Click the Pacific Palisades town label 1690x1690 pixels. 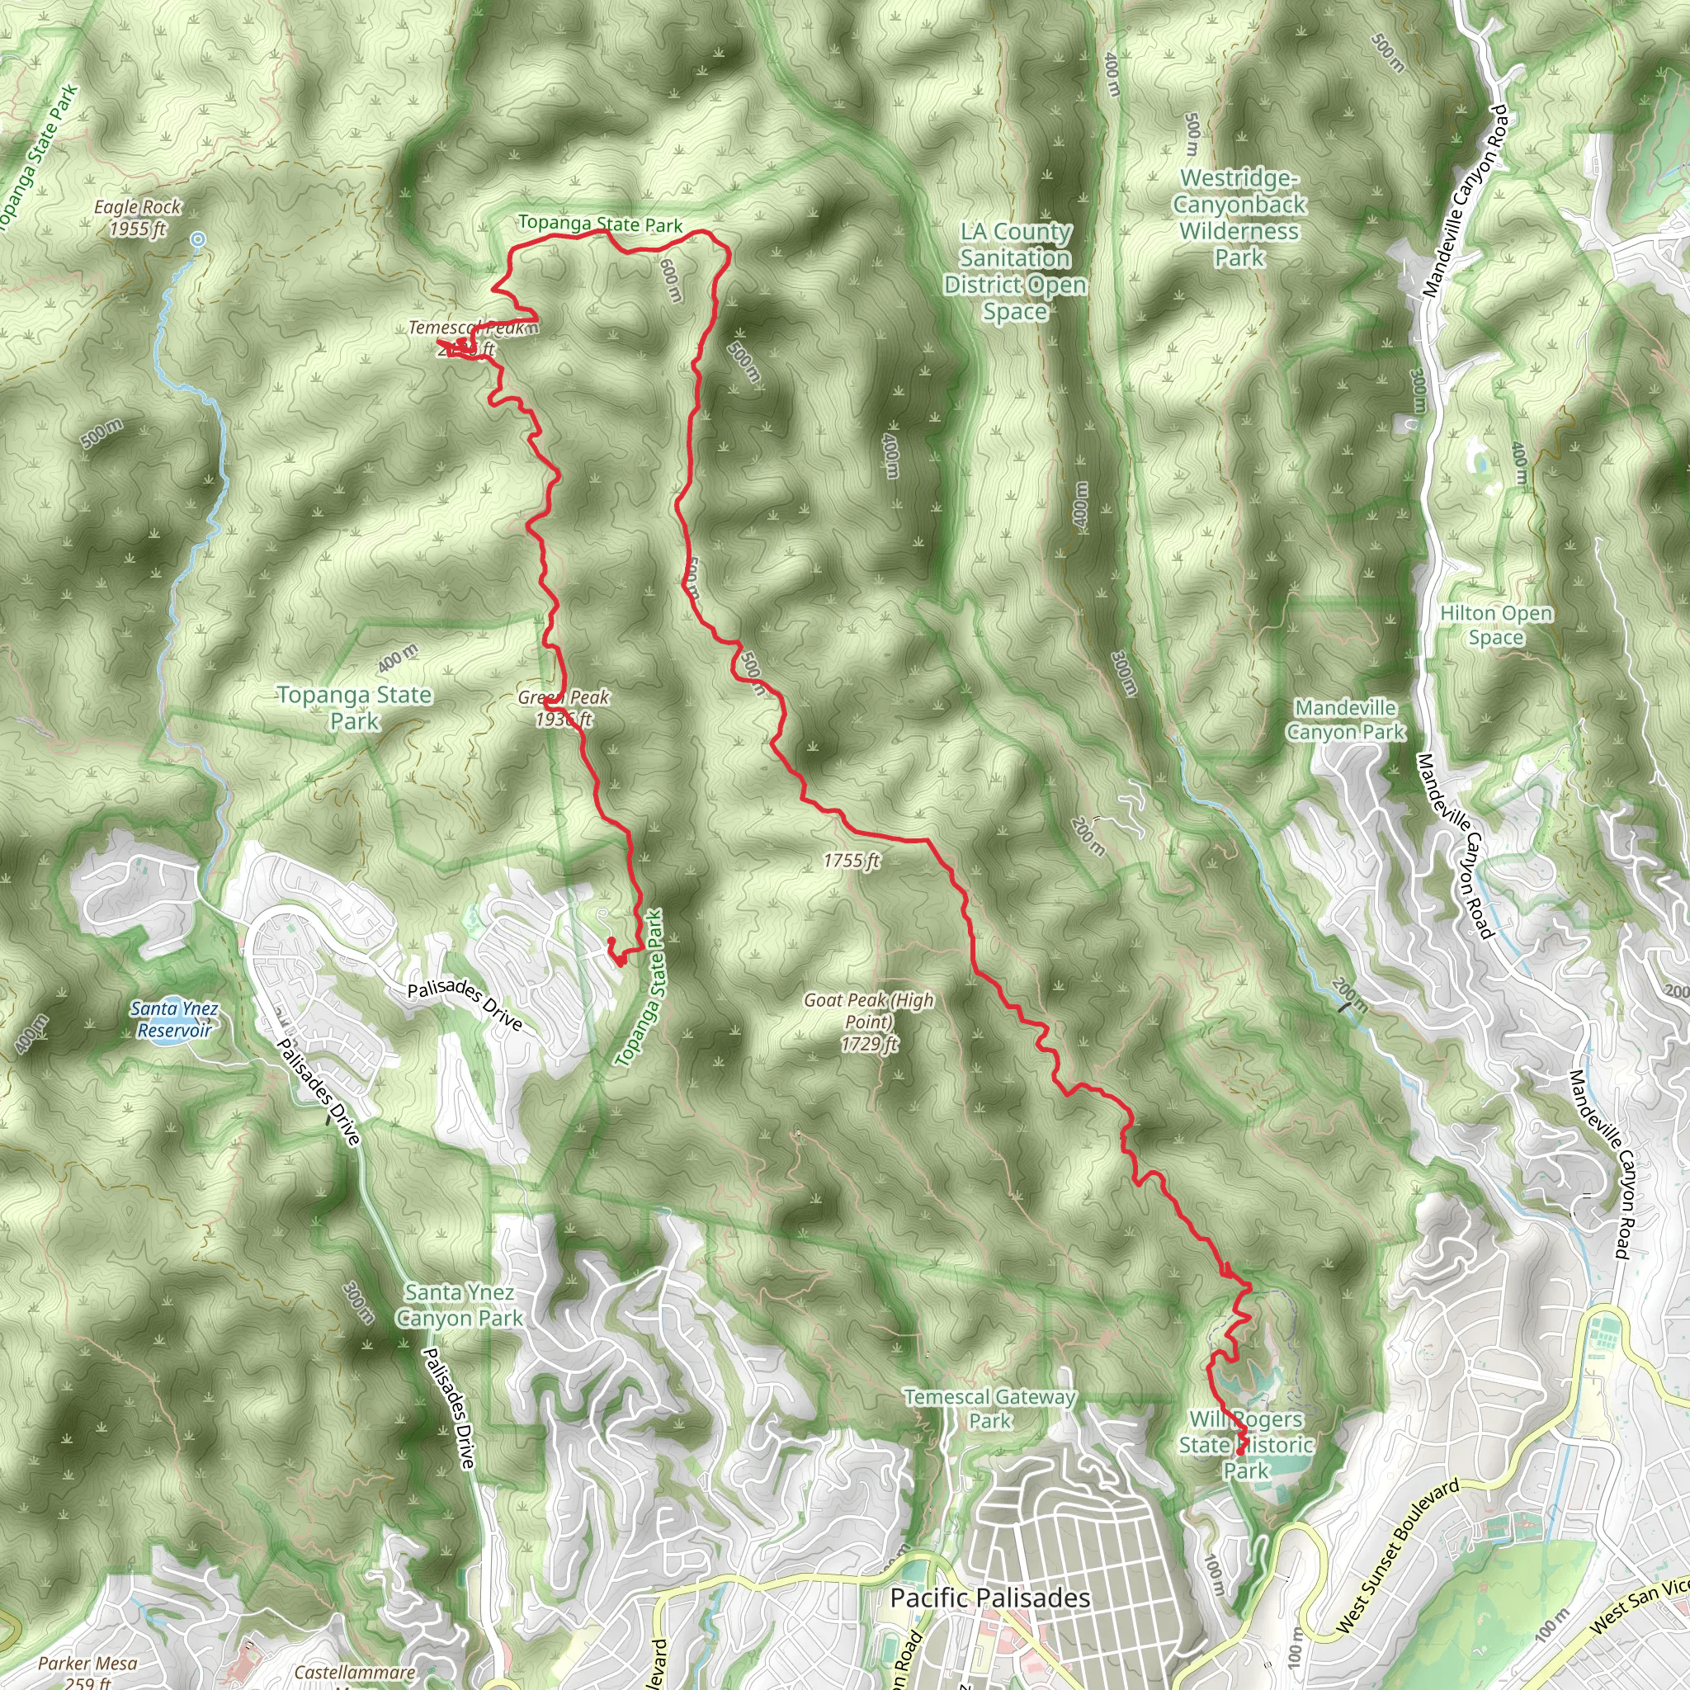[989, 1598]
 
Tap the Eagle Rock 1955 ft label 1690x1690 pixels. [137, 218]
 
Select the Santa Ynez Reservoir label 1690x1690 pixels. [174, 1019]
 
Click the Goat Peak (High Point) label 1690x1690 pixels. [869, 1021]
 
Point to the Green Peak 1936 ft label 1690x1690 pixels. [564, 708]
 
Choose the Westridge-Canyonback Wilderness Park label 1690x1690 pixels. [1239, 217]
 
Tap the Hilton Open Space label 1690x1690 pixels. [1496, 625]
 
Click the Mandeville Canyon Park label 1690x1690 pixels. [1345, 719]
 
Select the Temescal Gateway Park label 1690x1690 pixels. [989, 1409]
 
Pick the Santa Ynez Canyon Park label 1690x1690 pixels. [460, 1305]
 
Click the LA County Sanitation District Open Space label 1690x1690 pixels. [1015, 271]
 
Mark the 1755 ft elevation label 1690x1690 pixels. [850, 861]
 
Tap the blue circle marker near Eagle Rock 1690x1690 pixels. [199, 238]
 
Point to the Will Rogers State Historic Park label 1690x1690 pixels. [1245, 1444]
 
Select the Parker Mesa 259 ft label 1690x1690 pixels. [87, 1671]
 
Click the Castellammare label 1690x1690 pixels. [354, 1673]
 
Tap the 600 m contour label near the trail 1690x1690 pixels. [670, 280]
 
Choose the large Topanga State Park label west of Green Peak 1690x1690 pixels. [354, 708]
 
